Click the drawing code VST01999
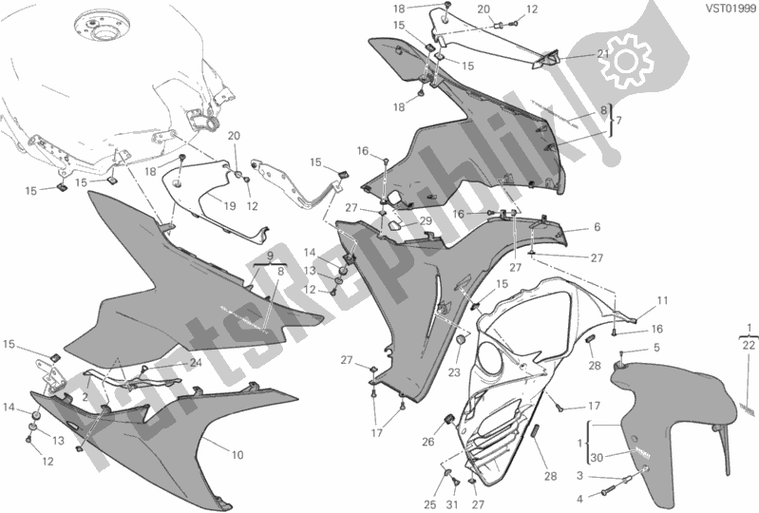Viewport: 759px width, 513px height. click(729, 9)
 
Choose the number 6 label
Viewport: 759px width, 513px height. click(597, 227)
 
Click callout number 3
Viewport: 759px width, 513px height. click(579, 476)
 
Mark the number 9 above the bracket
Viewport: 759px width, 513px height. click(269, 256)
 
